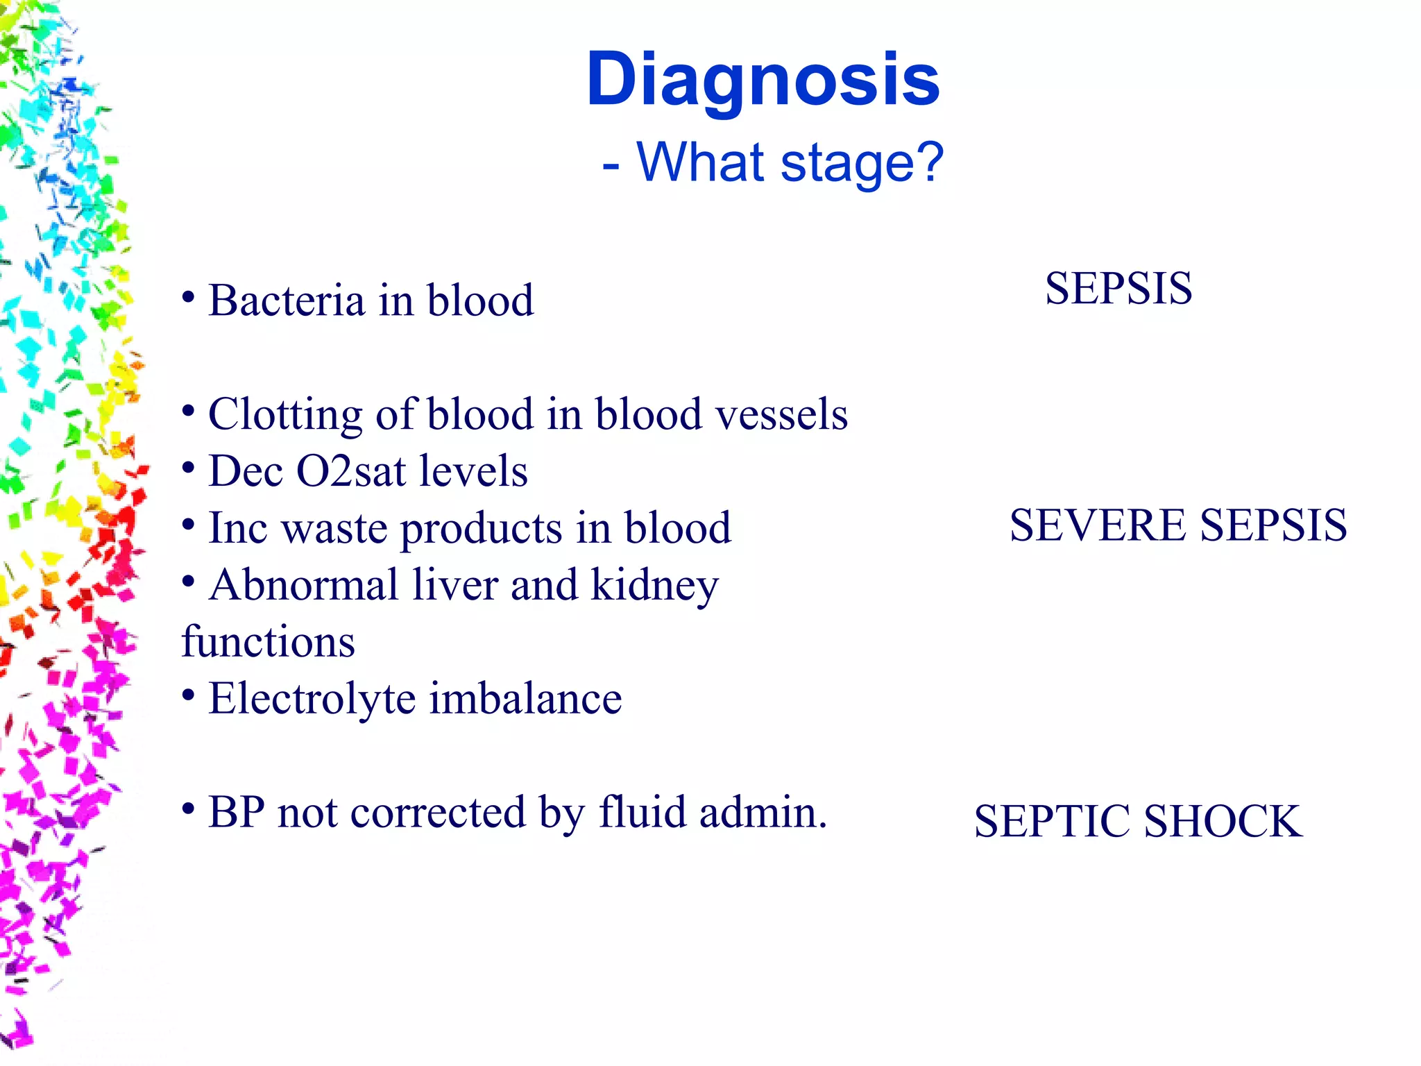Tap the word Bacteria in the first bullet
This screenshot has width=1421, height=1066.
pyautogui.click(x=287, y=301)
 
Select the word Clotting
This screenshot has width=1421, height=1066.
pyautogui.click(x=285, y=415)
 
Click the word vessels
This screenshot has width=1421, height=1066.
pyautogui.click(x=781, y=415)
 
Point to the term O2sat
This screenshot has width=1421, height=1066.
pyautogui.click(x=350, y=472)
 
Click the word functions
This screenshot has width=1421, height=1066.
pyautogui.click(x=268, y=642)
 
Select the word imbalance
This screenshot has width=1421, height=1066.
pyautogui.click(x=525, y=699)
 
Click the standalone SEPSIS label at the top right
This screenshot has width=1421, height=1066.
pyautogui.click(x=1118, y=289)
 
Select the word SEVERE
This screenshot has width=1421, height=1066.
pyautogui.click(x=1097, y=525)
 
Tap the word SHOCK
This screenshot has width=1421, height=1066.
pyautogui.click(x=1223, y=822)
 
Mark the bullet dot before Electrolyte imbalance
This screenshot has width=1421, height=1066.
pyautogui.click(x=188, y=695)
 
